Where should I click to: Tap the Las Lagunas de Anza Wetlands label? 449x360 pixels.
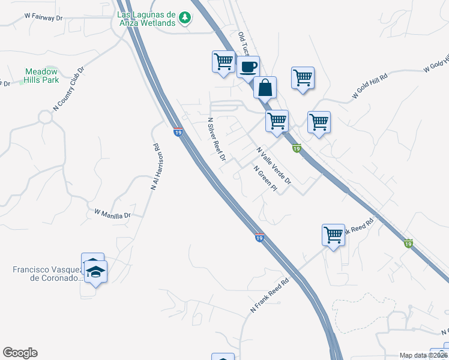pyautogui.click(x=146, y=19)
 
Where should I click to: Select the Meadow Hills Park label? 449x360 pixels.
pyautogui.click(x=42, y=75)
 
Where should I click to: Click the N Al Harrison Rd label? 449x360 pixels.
pyautogui.click(x=156, y=167)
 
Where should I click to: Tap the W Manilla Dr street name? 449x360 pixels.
pyautogui.click(x=112, y=213)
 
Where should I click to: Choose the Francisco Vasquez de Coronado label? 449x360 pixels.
pyautogui.click(x=46, y=274)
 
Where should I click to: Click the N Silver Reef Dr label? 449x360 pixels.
pyautogui.click(x=216, y=139)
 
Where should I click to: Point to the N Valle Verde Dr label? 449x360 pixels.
pyautogui.click(x=273, y=165)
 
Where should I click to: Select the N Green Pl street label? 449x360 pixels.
pyautogui.click(x=265, y=179)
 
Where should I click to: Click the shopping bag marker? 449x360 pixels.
pyautogui.click(x=264, y=88)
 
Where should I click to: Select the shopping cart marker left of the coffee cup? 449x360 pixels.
pyautogui.click(x=223, y=61)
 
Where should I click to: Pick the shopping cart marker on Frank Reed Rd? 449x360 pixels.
pyautogui.click(x=333, y=235)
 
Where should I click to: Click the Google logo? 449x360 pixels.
pyautogui.click(x=20, y=353)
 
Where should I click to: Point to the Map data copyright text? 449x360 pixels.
pyautogui.click(x=423, y=355)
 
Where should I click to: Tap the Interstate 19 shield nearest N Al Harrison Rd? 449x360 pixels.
pyautogui.click(x=178, y=131)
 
